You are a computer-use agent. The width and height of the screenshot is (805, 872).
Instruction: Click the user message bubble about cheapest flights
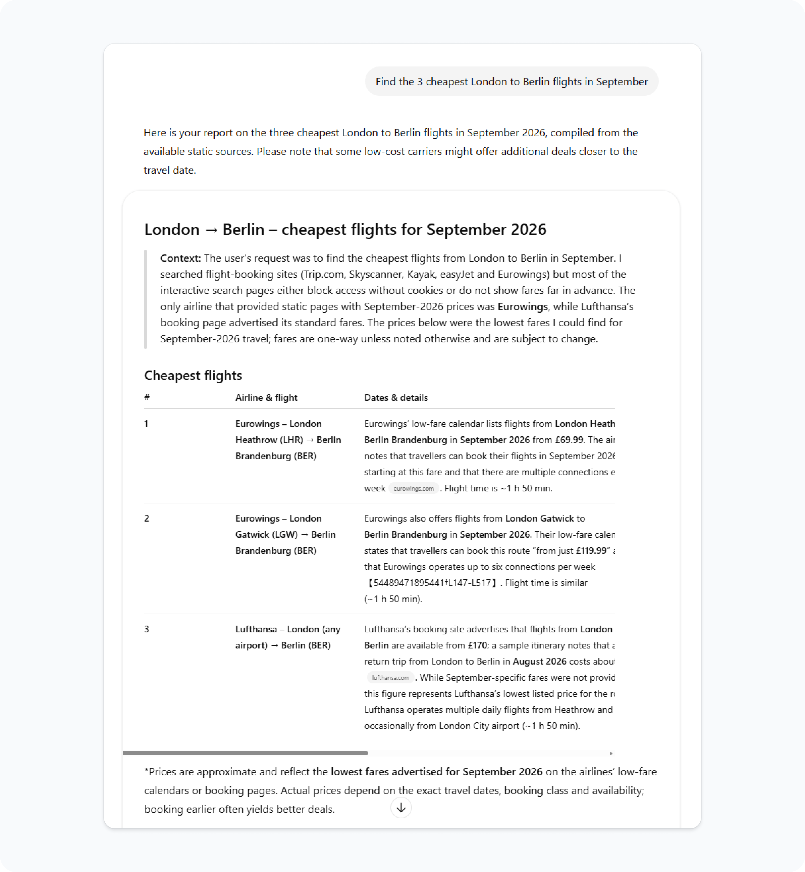tap(512, 82)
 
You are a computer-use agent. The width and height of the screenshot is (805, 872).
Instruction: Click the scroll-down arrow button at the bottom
tap(401, 808)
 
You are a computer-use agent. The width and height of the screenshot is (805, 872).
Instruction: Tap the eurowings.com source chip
tap(413, 488)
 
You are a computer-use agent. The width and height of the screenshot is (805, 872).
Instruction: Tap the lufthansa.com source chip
tap(390, 678)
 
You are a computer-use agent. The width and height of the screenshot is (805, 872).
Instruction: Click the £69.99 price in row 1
tap(569, 440)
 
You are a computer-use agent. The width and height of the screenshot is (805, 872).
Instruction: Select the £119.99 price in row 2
tap(591, 550)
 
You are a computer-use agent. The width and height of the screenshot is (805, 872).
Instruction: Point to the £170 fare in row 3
tap(477, 645)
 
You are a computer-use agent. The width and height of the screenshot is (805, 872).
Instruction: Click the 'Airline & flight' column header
tap(266, 397)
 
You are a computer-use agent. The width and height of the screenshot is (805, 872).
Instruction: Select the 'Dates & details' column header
tap(395, 397)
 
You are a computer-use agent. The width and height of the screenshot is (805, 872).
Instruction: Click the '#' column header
tap(147, 397)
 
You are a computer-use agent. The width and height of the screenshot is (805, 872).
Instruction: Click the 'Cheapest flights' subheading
tap(193, 375)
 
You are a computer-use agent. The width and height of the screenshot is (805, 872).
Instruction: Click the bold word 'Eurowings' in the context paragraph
tap(522, 306)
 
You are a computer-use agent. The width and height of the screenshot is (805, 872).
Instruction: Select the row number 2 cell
tap(147, 518)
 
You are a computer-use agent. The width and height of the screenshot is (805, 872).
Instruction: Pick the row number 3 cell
tap(147, 629)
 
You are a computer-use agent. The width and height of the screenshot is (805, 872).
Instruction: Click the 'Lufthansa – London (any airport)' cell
tap(287, 637)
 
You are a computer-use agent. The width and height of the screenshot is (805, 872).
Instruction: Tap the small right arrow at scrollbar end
tap(611, 753)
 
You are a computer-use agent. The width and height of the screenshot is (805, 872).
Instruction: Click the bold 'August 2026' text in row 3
tap(539, 661)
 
